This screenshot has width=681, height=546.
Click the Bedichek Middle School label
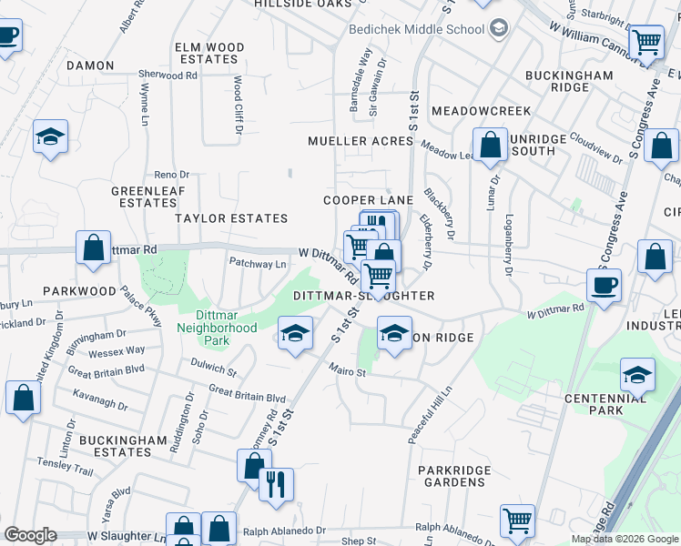pos(416,29)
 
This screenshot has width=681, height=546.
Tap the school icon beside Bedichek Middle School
pos(498,29)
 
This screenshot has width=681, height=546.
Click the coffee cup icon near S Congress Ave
pos(604,285)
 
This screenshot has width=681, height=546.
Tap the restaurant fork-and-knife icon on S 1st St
pos(276,483)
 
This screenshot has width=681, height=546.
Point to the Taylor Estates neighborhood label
pos(231,218)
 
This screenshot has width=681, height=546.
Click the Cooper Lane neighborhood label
pos(369,200)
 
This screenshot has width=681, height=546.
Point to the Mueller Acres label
pos(361,141)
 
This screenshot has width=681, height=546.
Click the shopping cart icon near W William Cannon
pos(646,41)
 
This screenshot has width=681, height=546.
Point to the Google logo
pos(30,534)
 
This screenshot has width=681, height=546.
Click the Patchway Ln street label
pos(258,265)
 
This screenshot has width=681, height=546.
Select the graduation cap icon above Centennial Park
pos(637,375)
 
